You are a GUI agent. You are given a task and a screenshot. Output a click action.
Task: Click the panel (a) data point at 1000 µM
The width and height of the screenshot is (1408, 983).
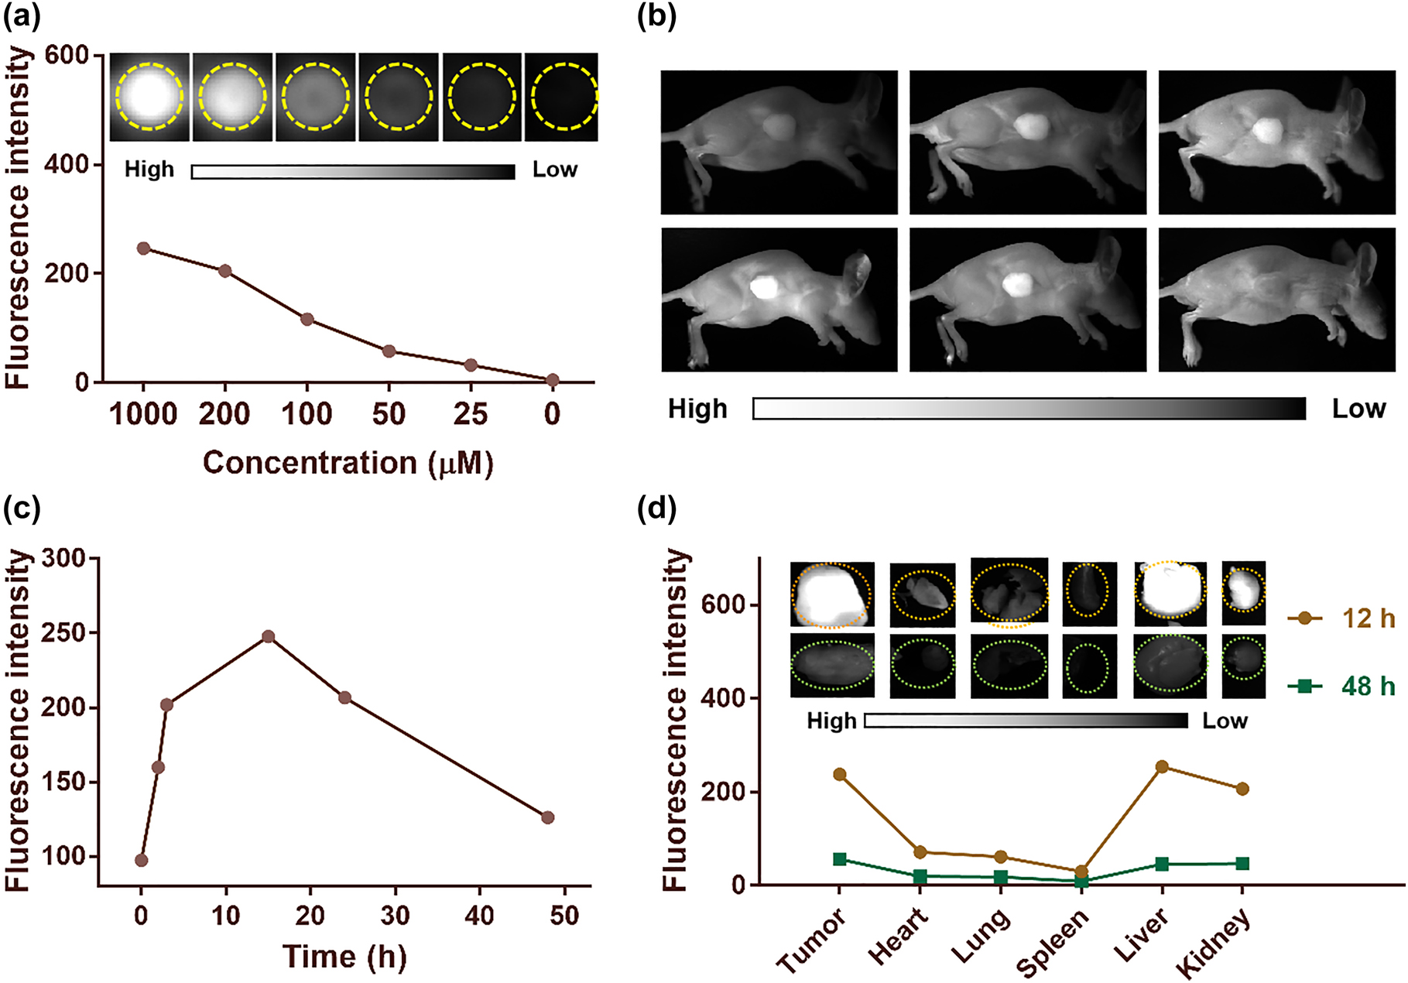tap(143, 248)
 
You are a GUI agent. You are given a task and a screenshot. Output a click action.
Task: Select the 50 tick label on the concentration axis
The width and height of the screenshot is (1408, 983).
tap(389, 415)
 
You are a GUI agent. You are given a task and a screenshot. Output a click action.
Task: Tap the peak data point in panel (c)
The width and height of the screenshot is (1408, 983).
tap(269, 637)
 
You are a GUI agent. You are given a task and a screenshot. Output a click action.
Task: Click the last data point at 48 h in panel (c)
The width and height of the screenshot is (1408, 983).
tap(548, 817)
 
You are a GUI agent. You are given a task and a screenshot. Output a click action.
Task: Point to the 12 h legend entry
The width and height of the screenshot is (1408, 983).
tap(1341, 618)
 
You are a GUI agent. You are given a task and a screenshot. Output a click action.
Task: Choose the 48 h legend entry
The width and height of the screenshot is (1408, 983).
tap(1341, 686)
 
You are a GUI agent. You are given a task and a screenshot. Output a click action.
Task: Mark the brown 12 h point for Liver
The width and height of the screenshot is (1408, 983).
tap(1162, 767)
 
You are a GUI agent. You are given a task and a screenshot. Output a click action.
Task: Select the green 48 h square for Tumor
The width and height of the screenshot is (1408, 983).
tap(840, 859)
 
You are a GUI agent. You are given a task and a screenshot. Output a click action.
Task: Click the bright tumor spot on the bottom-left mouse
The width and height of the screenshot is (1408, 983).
tap(765, 287)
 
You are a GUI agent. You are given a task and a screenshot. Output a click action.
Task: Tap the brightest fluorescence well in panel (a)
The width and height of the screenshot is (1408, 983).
tap(149, 97)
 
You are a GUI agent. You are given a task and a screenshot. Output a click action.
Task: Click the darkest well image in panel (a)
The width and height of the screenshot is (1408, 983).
tap(562, 97)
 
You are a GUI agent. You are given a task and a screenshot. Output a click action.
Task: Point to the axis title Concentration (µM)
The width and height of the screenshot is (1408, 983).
tap(348, 463)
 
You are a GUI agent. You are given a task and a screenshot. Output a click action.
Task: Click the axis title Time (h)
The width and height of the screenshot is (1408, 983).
tap(344, 957)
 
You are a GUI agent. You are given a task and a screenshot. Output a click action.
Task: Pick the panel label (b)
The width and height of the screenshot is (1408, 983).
tap(656, 17)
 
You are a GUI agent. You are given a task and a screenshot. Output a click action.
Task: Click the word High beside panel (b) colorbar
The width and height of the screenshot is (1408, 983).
tap(697, 409)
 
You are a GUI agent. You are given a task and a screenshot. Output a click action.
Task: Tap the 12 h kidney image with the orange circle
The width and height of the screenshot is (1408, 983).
tap(1243, 593)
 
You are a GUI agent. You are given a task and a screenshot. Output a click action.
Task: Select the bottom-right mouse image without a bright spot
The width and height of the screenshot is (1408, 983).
tap(1276, 300)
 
